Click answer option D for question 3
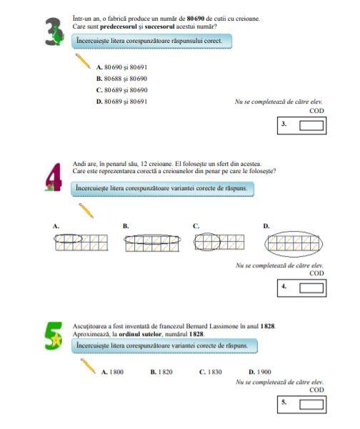pos(121,102)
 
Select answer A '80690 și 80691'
pos(121,67)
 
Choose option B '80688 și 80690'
pos(121,79)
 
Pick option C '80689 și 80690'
pos(121,90)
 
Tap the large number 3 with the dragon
pos(54,31)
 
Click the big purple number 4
pos(54,177)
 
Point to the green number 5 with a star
pos(54,336)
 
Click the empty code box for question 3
pos(311,126)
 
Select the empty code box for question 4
pos(311,288)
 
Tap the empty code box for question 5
pos(311,405)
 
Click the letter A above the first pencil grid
pos(56,226)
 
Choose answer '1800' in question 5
pos(113,372)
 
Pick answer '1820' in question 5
pos(161,372)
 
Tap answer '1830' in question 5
pos(211,372)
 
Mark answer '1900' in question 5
pos(260,372)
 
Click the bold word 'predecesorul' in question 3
pos(119,27)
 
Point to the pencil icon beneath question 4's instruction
pos(86,211)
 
